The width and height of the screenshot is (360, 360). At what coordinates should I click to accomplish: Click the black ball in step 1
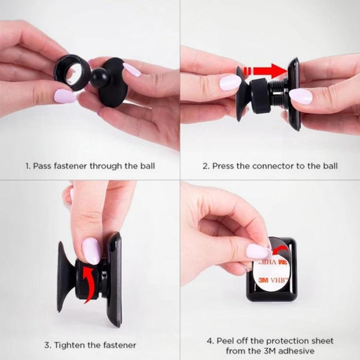(99, 77)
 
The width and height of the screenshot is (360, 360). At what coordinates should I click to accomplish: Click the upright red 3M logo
(263, 280)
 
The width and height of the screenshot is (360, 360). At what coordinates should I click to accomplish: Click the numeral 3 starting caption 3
(47, 345)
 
